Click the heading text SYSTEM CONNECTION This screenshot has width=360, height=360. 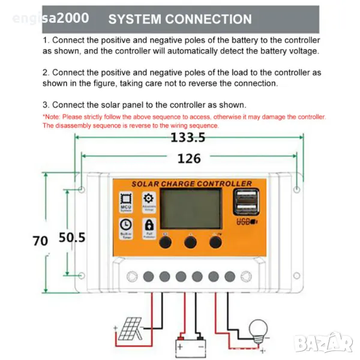[180, 19]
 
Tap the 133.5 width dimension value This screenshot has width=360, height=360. [188, 138]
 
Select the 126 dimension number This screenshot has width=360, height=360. [188, 158]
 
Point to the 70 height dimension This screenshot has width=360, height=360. [40, 241]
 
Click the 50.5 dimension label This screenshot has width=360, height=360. [72, 238]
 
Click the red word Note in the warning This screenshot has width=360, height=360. [52, 116]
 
